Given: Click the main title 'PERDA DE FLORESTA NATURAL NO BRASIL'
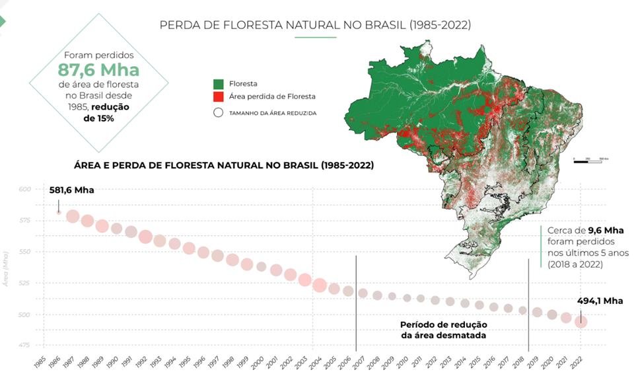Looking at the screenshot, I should pyautogui.click(x=315, y=25).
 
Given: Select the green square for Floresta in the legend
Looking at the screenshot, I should pyautogui.click(x=218, y=83).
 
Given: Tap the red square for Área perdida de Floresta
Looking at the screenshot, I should pyautogui.click(x=218, y=96).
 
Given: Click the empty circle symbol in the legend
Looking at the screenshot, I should pyautogui.click(x=218, y=112).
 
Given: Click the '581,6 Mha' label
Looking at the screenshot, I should pyautogui.click(x=71, y=190).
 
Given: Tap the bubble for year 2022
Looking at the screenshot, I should pyautogui.click(x=581, y=322).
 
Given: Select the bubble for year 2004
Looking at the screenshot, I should pyautogui.click(x=320, y=285).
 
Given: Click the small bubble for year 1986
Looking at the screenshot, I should pyautogui.click(x=59, y=212).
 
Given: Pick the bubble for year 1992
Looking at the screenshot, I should pyautogui.click(x=146, y=237).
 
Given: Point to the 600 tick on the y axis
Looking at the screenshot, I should pyautogui.click(x=25, y=190).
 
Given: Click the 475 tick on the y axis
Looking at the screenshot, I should pyautogui.click(x=25, y=344).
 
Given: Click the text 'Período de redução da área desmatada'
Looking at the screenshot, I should pyautogui.click(x=443, y=330).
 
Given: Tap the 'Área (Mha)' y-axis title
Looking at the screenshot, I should pyautogui.click(x=6, y=267).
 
